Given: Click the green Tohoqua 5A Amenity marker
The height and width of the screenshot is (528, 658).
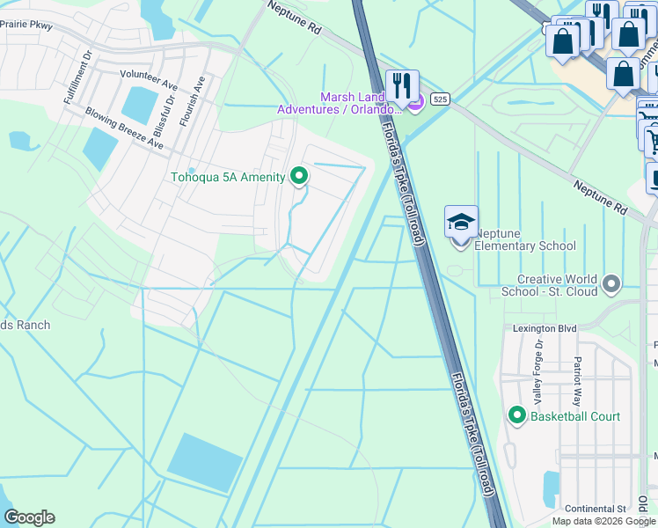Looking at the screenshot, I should click(x=299, y=177).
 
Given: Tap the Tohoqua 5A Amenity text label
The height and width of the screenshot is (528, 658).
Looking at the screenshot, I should click(x=227, y=178).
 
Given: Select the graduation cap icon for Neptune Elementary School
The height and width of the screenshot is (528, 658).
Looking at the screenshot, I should click(x=461, y=224).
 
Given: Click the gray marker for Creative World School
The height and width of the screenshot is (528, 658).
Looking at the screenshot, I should click(x=613, y=283).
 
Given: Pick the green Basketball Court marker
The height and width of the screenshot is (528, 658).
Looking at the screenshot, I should click(x=517, y=415).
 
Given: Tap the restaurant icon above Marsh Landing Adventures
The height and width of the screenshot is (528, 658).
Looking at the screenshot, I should click(x=402, y=86).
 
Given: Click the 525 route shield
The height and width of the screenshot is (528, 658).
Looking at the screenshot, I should click(x=441, y=100).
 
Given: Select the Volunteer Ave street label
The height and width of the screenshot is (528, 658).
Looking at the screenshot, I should click(x=150, y=76).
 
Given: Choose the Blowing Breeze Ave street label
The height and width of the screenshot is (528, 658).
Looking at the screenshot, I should click(x=124, y=128).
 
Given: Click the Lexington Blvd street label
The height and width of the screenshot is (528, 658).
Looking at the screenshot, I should click(x=545, y=328).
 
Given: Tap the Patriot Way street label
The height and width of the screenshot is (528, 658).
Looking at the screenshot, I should click(x=578, y=372).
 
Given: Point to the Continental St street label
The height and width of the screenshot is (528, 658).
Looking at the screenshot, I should click(x=595, y=509).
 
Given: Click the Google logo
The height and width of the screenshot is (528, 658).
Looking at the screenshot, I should click(x=29, y=517).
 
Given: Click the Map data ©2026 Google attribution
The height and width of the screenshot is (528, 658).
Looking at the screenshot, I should click(x=603, y=521).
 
